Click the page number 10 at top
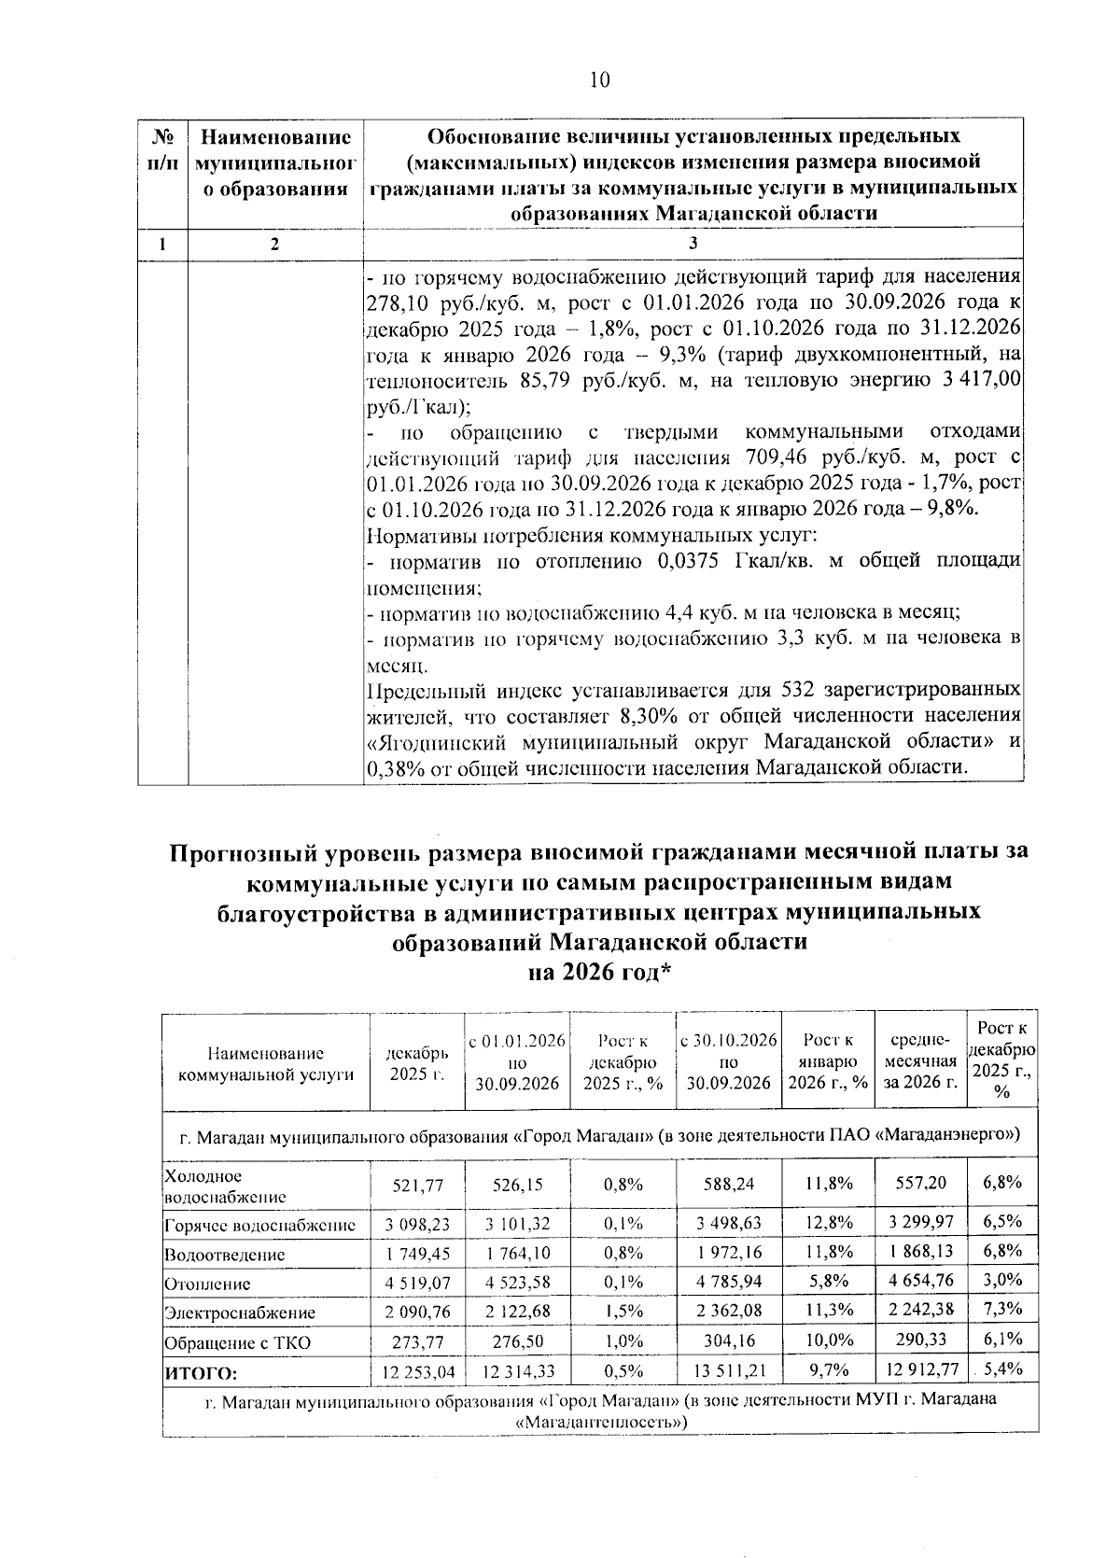point(599,79)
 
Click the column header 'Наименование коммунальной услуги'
point(266,1063)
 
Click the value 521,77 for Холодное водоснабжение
point(418,1184)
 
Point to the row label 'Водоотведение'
point(225,1255)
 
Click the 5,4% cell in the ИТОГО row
point(1003,1369)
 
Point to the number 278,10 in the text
point(397,303)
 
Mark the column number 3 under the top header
point(693,244)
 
